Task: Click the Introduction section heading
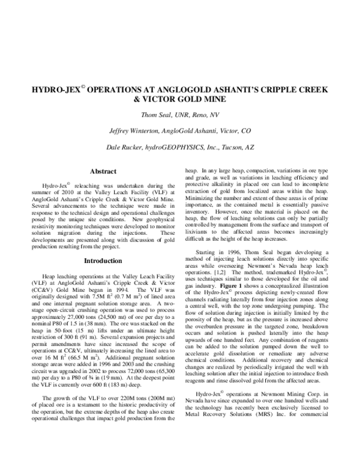(107, 261)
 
